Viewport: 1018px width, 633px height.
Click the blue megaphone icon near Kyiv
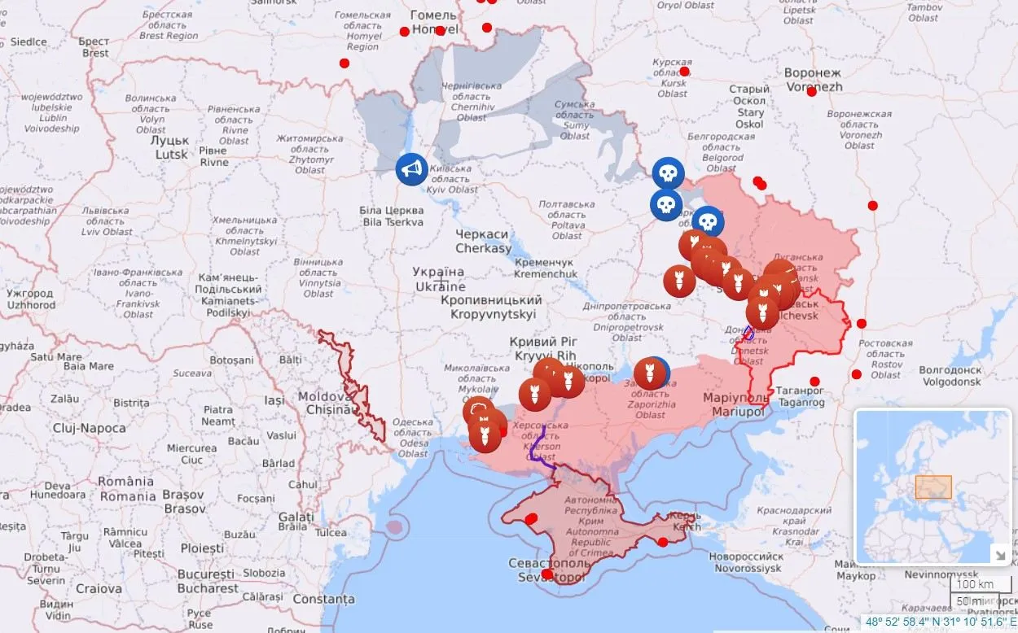point(412,169)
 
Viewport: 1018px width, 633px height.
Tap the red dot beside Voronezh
point(811,91)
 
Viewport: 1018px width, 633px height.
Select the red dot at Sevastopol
point(546,574)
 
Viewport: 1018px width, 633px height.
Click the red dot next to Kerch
point(663,542)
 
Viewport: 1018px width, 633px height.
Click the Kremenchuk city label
point(544,268)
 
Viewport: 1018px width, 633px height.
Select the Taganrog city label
point(801,396)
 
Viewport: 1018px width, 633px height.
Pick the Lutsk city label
point(171,147)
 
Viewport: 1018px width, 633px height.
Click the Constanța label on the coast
point(323,599)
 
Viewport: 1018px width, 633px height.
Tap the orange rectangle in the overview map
point(933,487)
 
